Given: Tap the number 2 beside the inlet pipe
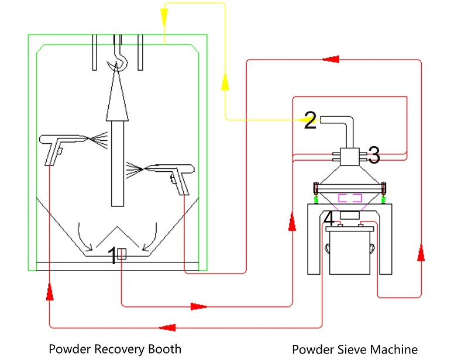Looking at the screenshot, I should click(310, 121).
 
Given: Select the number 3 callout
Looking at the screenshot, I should click(373, 155).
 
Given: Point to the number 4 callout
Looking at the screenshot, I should click(329, 219).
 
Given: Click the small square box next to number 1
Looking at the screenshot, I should click(122, 254).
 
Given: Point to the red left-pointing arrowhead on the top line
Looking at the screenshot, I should click(331, 58).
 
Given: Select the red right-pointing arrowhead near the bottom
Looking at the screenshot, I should click(199, 306).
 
